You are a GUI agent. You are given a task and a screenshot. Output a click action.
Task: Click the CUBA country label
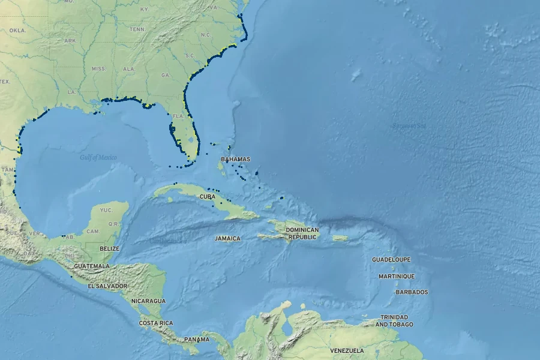click(x=208, y=196)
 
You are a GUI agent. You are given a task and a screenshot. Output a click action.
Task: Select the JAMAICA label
click(x=227, y=238)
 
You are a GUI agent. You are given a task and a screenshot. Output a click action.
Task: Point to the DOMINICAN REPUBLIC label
click(x=302, y=233)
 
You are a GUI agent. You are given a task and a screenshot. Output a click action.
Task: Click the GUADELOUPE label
click(x=391, y=260)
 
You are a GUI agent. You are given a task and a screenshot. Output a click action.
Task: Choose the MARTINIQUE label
click(x=396, y=276)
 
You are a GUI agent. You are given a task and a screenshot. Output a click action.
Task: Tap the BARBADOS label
click(x=412, y=292)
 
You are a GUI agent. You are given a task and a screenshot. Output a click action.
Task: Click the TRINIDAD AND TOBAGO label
click(x=394, y=320)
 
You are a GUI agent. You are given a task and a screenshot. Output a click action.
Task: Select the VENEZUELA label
click(x=347, y=350)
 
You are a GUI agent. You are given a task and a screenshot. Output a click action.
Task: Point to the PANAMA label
click(x=197, y=339)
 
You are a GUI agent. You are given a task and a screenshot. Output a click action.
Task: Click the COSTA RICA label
click(x=156, y=323)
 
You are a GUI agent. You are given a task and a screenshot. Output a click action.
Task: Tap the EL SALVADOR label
click(x=108, y=286)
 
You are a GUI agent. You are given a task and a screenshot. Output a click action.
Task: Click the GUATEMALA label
click(x=92, y=265)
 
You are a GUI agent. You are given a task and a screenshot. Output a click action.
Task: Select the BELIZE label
click(x=110, y=248)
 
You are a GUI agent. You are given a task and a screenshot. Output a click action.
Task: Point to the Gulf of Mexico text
click(x=98, y=157)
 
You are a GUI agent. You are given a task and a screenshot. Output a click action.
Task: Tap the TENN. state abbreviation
click(x=137, y=29)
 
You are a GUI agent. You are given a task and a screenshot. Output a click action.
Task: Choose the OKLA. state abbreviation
click(x=17, y=30)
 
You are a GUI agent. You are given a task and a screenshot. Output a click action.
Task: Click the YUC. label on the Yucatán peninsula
click(x=106, y=210)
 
